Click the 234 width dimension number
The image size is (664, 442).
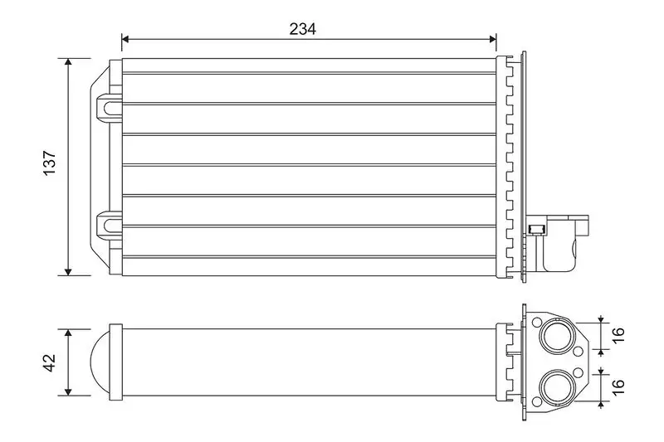303,28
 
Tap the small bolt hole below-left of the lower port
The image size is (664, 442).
538,401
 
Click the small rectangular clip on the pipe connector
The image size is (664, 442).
536,230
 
